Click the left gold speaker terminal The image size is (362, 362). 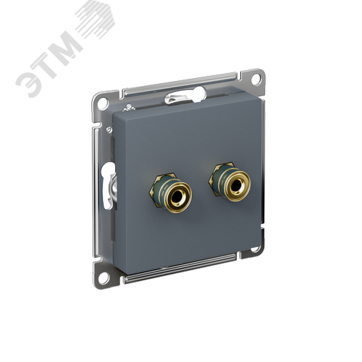tap(177, 194)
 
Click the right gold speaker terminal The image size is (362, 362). tap(235, 183)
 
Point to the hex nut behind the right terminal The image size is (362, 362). tap(215, 178)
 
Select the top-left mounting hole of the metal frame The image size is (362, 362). tap(103, 102)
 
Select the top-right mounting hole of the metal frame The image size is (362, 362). tap(256, 78)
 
